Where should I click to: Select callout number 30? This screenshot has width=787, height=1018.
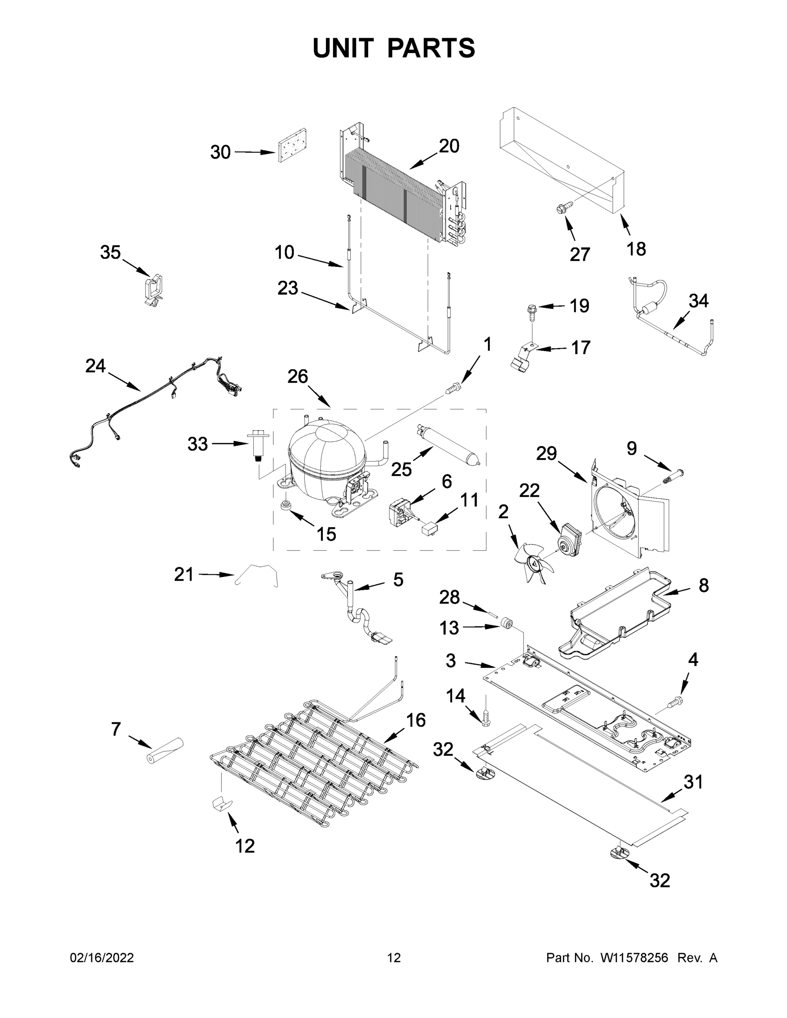(x=220, y=152)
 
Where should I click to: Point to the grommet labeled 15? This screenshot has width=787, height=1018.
(x=286, y=505)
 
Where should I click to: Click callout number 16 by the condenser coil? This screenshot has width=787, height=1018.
(x=415, y=721)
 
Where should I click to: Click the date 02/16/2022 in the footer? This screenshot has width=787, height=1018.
(x=102, y=958)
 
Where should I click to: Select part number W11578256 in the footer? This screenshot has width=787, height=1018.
(x=634, y=958)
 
